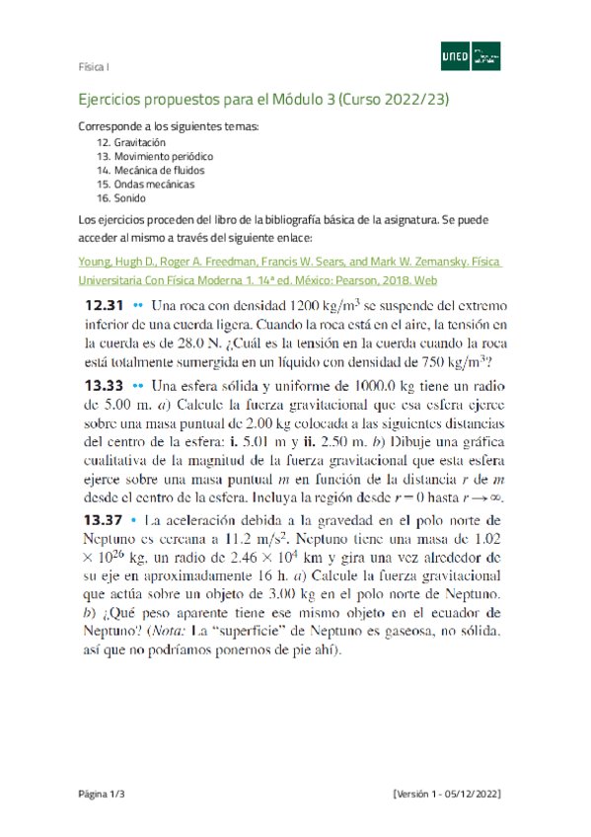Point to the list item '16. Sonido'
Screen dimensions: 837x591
118,197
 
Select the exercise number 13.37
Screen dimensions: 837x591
100,519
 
